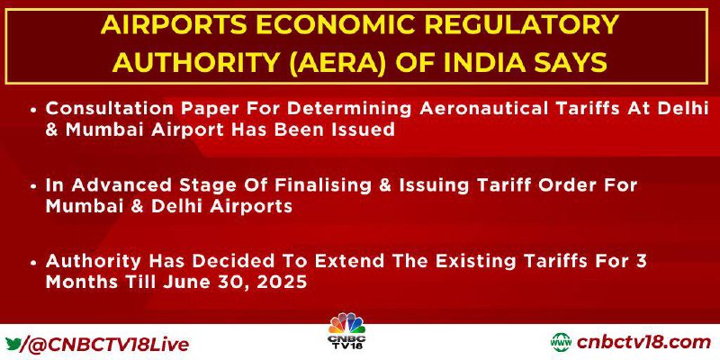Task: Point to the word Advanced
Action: (x=119, y=185)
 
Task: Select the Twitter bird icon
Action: (x=13, y=344)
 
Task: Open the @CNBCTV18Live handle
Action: (x=108, y=345)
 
